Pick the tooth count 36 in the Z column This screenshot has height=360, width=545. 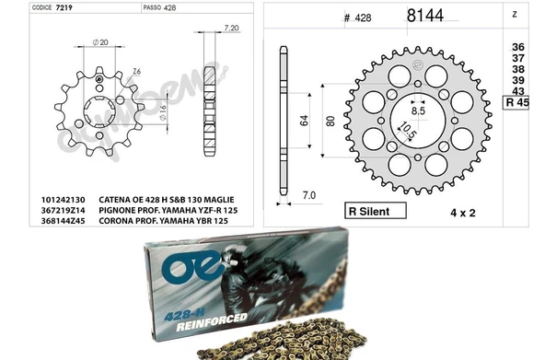517,46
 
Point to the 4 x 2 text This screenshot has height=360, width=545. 438,213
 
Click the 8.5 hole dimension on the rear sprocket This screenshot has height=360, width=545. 418,110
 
